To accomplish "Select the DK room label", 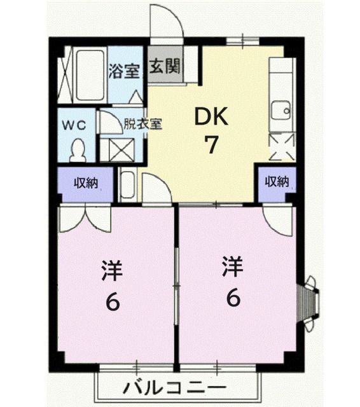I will tap(211, 117).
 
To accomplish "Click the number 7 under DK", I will tap(211, 145).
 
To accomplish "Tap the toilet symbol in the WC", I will tap(78, 151).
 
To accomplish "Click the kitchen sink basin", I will tap(279, 112).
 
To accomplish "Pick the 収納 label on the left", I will tap(85, 183).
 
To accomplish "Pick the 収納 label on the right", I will tap(277, 182).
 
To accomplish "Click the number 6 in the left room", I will tap(112, 302).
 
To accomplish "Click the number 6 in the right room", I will tap(233, 299).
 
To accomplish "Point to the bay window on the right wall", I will tap(310, 298).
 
